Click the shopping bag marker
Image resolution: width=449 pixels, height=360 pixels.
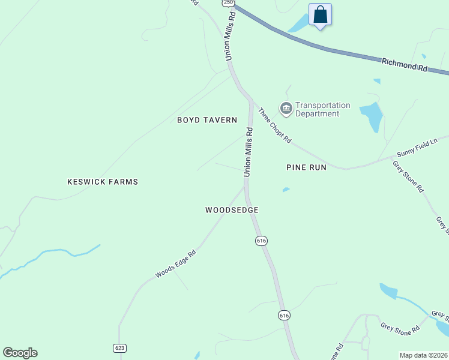click(x=320, y=14)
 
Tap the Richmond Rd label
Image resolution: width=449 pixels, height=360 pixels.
click(x=405, y=65)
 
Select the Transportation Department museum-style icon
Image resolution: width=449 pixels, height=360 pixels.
click(x=286, y=109)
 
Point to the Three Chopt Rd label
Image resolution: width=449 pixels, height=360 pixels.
click(x=275, y=125)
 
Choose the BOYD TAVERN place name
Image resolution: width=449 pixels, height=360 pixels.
click(x=207, y=120)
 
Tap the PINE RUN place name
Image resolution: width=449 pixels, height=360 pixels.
click(x=306, y=167)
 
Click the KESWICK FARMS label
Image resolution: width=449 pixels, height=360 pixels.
click(x=103, y=181)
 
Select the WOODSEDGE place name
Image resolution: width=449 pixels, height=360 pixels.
click(x=232, y=210)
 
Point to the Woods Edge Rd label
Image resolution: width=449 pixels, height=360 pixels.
click(x=176, y=264)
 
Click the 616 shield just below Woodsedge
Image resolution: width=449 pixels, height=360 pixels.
click(x=261, y=240)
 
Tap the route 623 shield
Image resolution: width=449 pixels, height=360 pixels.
click(x=119, y=348)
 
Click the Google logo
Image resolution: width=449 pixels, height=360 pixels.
click(x=20, y=353)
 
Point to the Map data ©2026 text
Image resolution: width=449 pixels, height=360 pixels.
click(x=424, y=355)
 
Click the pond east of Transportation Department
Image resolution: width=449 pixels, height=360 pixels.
click(x=372, y=116)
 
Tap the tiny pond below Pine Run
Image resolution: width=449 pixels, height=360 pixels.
click(x=286, y=190)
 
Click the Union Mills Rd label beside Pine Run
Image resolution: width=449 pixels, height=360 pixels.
click(x=248, y=152)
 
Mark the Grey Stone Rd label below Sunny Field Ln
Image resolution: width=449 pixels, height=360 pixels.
click(x=408, y=176)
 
